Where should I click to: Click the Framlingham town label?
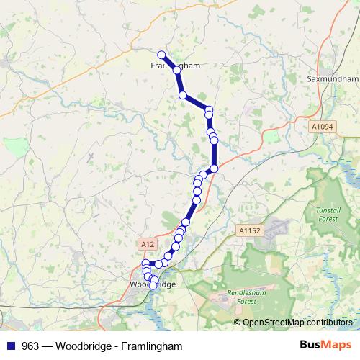click(175, 65)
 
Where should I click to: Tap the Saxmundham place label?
click(332, 78)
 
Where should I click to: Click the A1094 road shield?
click(323, 126)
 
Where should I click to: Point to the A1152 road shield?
click(248, 230)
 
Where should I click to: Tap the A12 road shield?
click(147, 244)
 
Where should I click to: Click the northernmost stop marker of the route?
click(161, 54)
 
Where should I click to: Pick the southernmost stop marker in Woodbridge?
click(153, 287)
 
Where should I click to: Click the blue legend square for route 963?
click(10, 346)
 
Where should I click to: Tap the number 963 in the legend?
click(30, 346)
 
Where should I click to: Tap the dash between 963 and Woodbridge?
click(47, 346)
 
